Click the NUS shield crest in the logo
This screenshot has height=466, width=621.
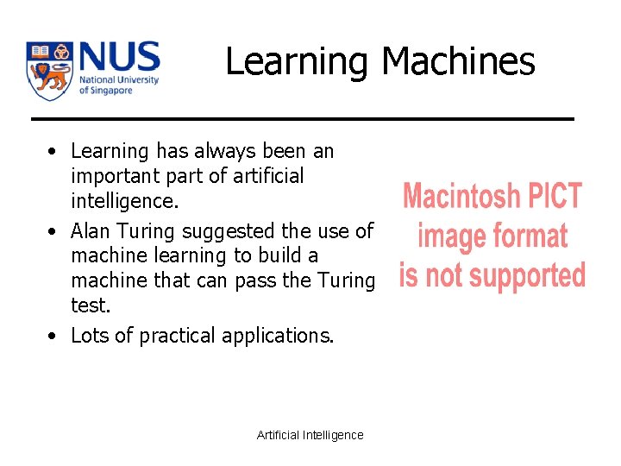tap(48, 70)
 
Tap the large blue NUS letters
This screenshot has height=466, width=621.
tap(119, 58)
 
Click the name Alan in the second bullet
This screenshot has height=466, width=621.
tap(89, 231)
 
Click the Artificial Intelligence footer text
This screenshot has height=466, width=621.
tap(310, 435)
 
